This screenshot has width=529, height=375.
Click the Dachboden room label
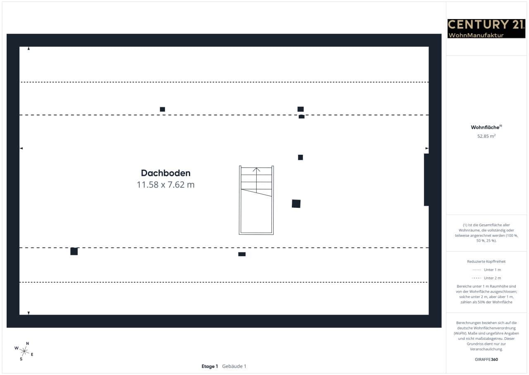pos(166,173)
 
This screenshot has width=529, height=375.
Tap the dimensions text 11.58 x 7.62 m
pos(166,185)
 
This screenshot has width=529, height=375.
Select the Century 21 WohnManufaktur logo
pos(486,29)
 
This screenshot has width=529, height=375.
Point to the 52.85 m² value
pos(486,136)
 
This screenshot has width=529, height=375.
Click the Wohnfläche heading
pos(486,127)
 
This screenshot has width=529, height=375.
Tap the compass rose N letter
pos(27,343)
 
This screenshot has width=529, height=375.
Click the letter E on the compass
pos(32,354)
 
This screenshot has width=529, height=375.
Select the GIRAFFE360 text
pos(486,359)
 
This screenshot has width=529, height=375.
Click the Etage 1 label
pos(210,366)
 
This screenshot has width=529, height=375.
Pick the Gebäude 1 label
pos(234,366)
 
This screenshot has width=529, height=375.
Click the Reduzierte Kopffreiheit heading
pos(486,262)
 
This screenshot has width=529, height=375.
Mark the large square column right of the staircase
pos(296,204)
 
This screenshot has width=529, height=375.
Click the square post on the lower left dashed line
pos(74,251)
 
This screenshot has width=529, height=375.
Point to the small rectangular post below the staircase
pos(242,254)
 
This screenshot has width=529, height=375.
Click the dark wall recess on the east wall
pos(427,180)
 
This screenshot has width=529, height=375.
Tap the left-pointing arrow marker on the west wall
pos(21,148)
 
